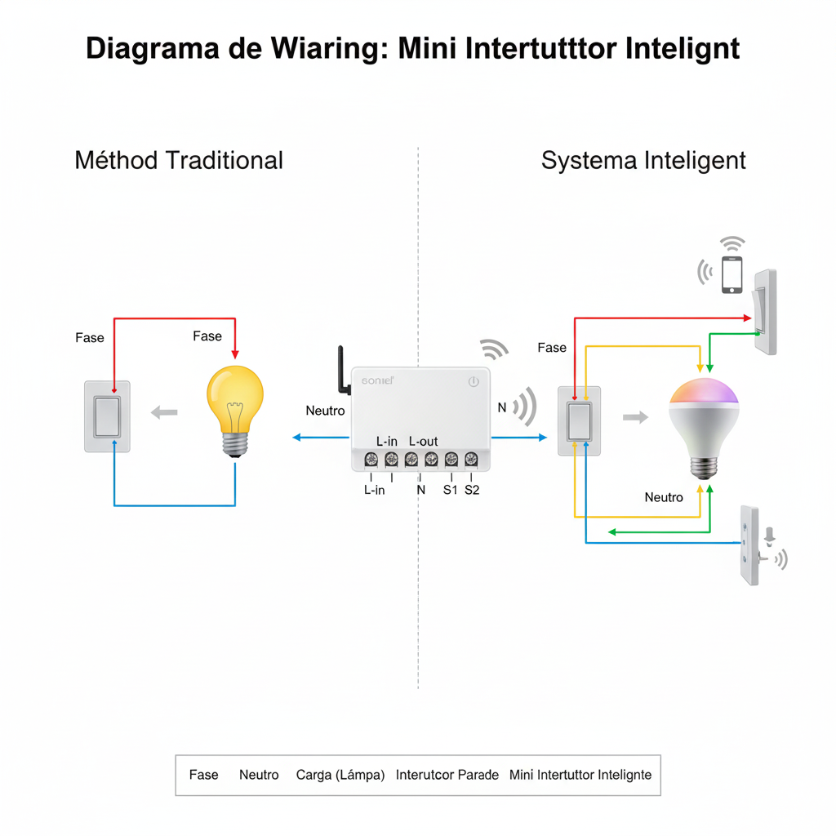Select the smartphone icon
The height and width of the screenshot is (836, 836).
pyautogui.click(x=732, y=274)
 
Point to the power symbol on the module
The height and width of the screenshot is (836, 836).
pyautogui.click(x=474, y=381)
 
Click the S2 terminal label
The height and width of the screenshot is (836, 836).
pyautogui.click(x=472, y=490)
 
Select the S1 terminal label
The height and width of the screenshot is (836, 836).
pyautogui.click(x=450, y=490)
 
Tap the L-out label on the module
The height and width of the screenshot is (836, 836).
pyautogui.click(x=423, y=442)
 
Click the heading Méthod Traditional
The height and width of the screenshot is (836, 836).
pyautogui.click(x=179, y=160)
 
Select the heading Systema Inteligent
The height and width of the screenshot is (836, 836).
pyautogui.click(x=643, y=160)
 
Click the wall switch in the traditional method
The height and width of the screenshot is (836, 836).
pyautogui.click(x=107, y=416)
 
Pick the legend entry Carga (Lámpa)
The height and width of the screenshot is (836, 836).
pyautogui.click(x=340, y=775)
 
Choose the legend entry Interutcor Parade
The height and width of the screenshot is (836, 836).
pyautogui.click(x=447, y=775)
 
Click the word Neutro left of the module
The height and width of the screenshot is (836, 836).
pyautogui.click(x=325, y=411)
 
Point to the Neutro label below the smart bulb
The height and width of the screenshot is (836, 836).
pyautogui.click(x=664, y=497)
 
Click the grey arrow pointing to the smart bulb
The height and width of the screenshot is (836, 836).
pyautogui.click(x=635, y=417)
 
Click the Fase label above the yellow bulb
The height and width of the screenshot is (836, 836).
pyautogui.click(x=207, y=336)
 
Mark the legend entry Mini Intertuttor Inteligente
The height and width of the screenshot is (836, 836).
pyautogui.click(x=580, y=775)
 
